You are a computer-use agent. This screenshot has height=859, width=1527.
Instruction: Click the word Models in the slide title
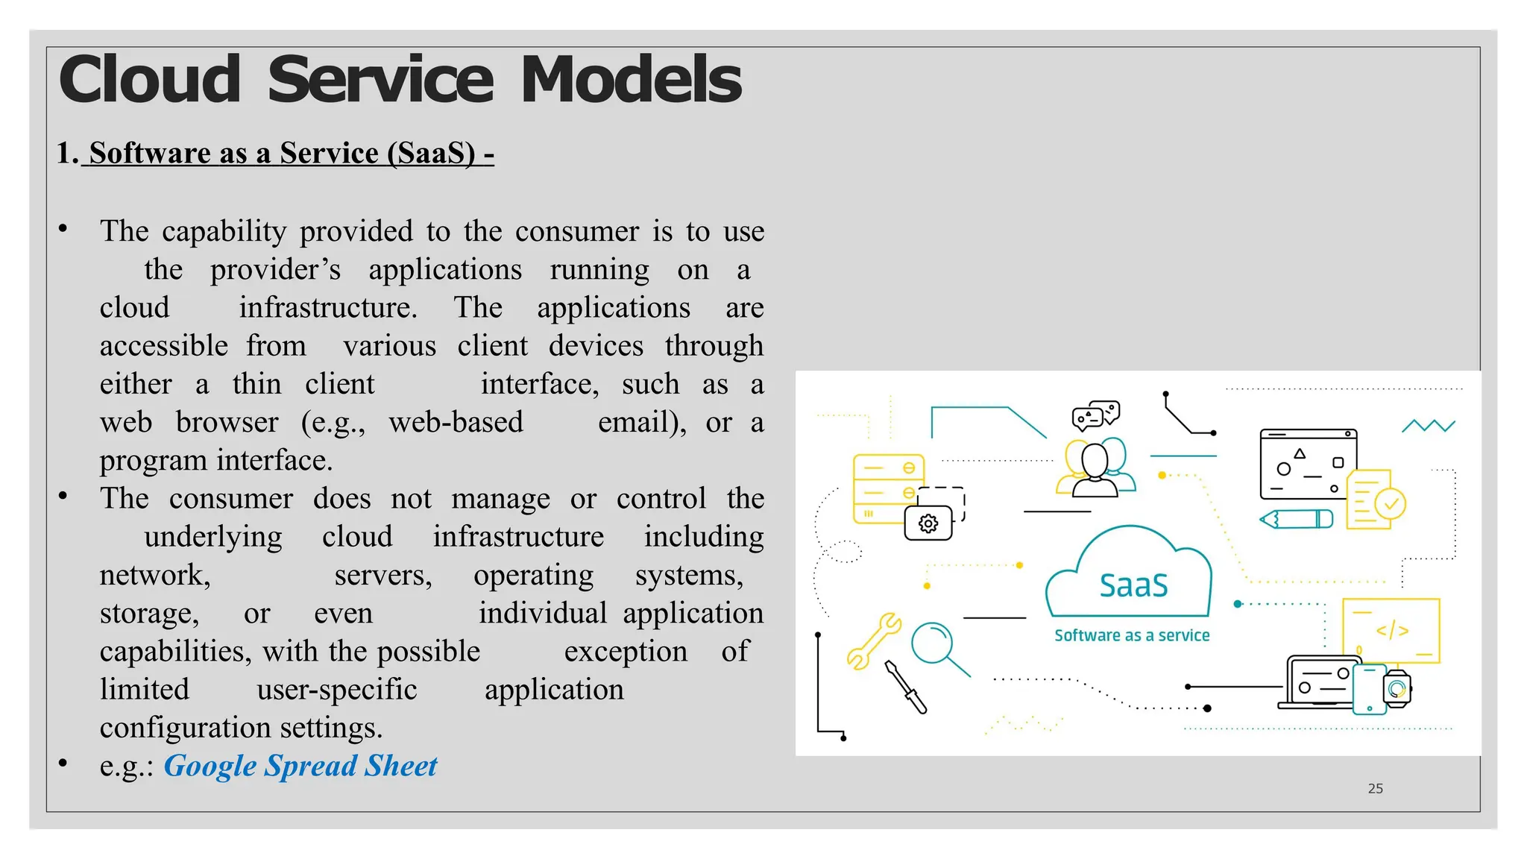click(631, 80)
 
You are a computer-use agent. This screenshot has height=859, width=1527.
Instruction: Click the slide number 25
click(1375, 788)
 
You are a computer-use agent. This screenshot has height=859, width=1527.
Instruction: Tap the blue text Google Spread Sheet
click(300, 766)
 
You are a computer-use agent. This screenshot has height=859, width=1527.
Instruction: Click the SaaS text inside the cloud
click(1133, 585)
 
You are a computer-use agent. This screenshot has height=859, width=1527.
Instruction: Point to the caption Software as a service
click(1131, 635)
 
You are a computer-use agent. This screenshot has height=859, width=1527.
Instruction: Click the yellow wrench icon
click(874, 641)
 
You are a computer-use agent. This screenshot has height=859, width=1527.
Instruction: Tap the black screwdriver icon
click(906, 687)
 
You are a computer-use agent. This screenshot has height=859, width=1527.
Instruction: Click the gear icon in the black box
click(928, 523)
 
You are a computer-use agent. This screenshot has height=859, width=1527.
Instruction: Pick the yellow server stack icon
click(887, 488)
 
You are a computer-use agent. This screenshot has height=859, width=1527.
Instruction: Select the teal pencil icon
click(1296, 519)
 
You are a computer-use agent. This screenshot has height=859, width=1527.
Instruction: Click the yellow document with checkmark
click(1374, 500)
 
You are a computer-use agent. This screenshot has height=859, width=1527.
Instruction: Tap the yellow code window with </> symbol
click(1391, 630)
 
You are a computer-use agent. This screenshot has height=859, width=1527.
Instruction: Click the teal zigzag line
click(1429, 426)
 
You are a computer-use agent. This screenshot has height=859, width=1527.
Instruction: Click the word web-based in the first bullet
click(456, 422)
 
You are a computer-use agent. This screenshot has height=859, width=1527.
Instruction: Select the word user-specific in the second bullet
click(336, 689)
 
